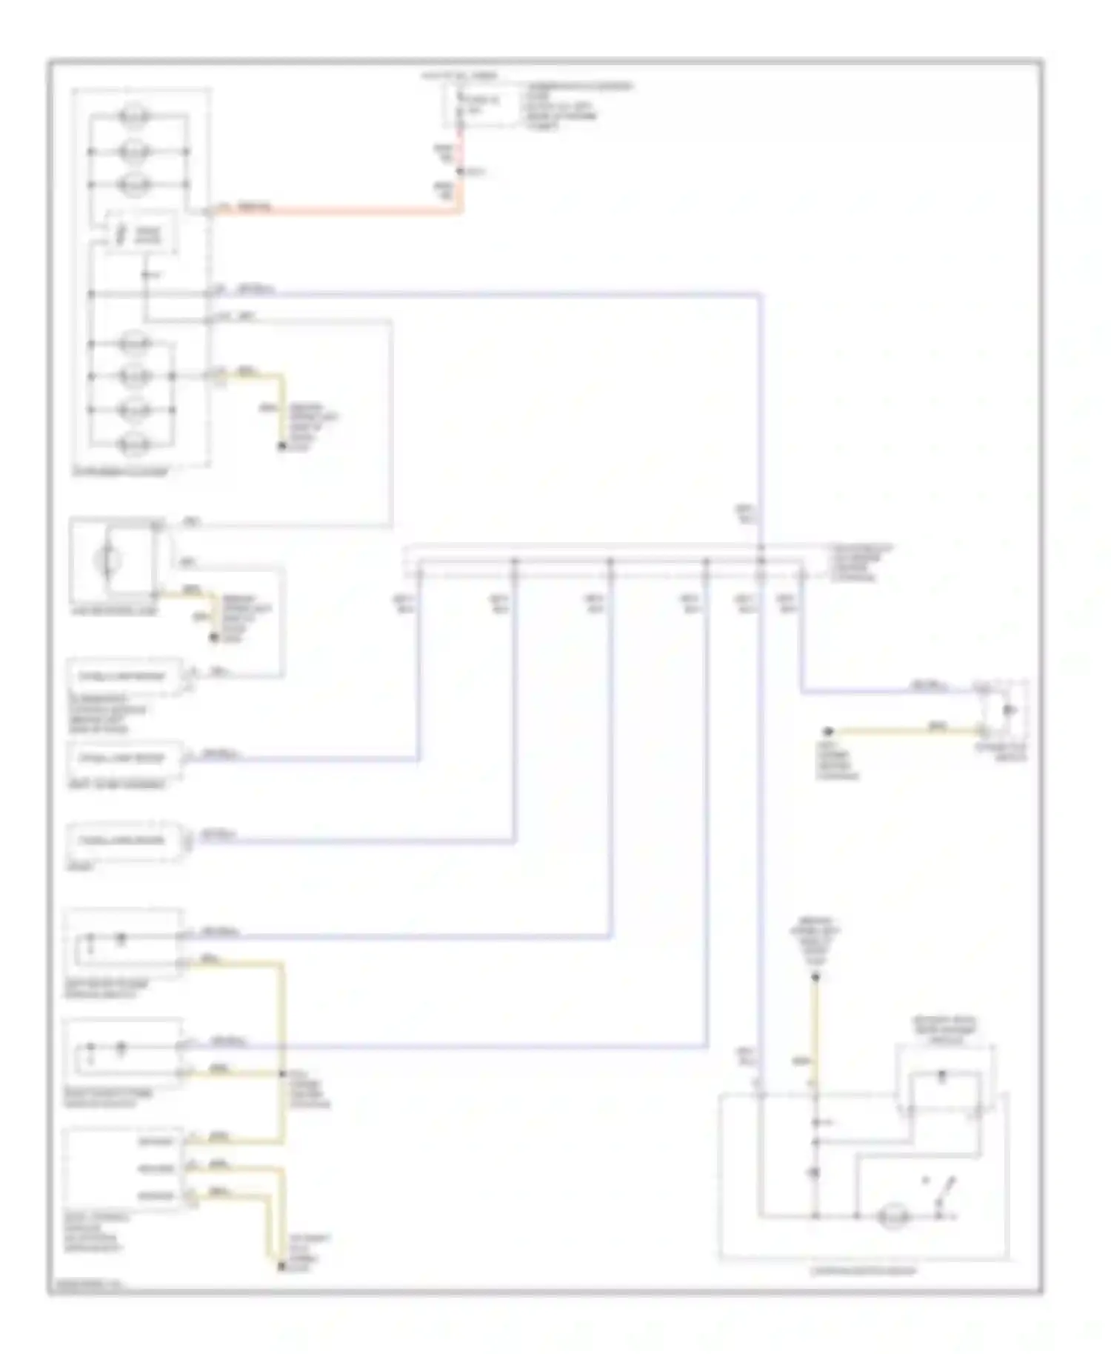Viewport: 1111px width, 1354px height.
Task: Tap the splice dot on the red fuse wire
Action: pyautogui.click(x=460, y=172)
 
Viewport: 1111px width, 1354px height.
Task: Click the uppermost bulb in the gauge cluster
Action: pyautogui.click(x=136, y=116)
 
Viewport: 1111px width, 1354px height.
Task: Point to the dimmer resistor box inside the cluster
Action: pyautogui.click(x=140, y=234)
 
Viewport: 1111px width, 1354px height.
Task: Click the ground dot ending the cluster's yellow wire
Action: pyautogui.click(x=281, y=447)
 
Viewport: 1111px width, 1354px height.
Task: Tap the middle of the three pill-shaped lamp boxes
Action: pyautogui.click(x=123, y=758)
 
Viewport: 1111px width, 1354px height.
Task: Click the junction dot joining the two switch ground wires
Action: pyautogui.click(x=282, y=1073)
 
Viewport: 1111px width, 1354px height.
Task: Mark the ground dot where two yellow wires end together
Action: pyautogui.click(x=281, y=1267)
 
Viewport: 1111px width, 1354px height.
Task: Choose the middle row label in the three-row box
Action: pyautogui.click(x=156, y=1169)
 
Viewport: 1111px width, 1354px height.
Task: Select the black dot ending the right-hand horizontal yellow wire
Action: pyautogui.click(x=829, y=732)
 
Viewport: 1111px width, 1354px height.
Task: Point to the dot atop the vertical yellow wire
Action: pyautogui.click(x=815, y=978)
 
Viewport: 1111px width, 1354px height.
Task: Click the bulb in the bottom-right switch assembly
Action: pyautogui.click(x=893, y=1217)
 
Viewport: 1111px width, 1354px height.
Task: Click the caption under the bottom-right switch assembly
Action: pyautogui.click(x=864, y=1271)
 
